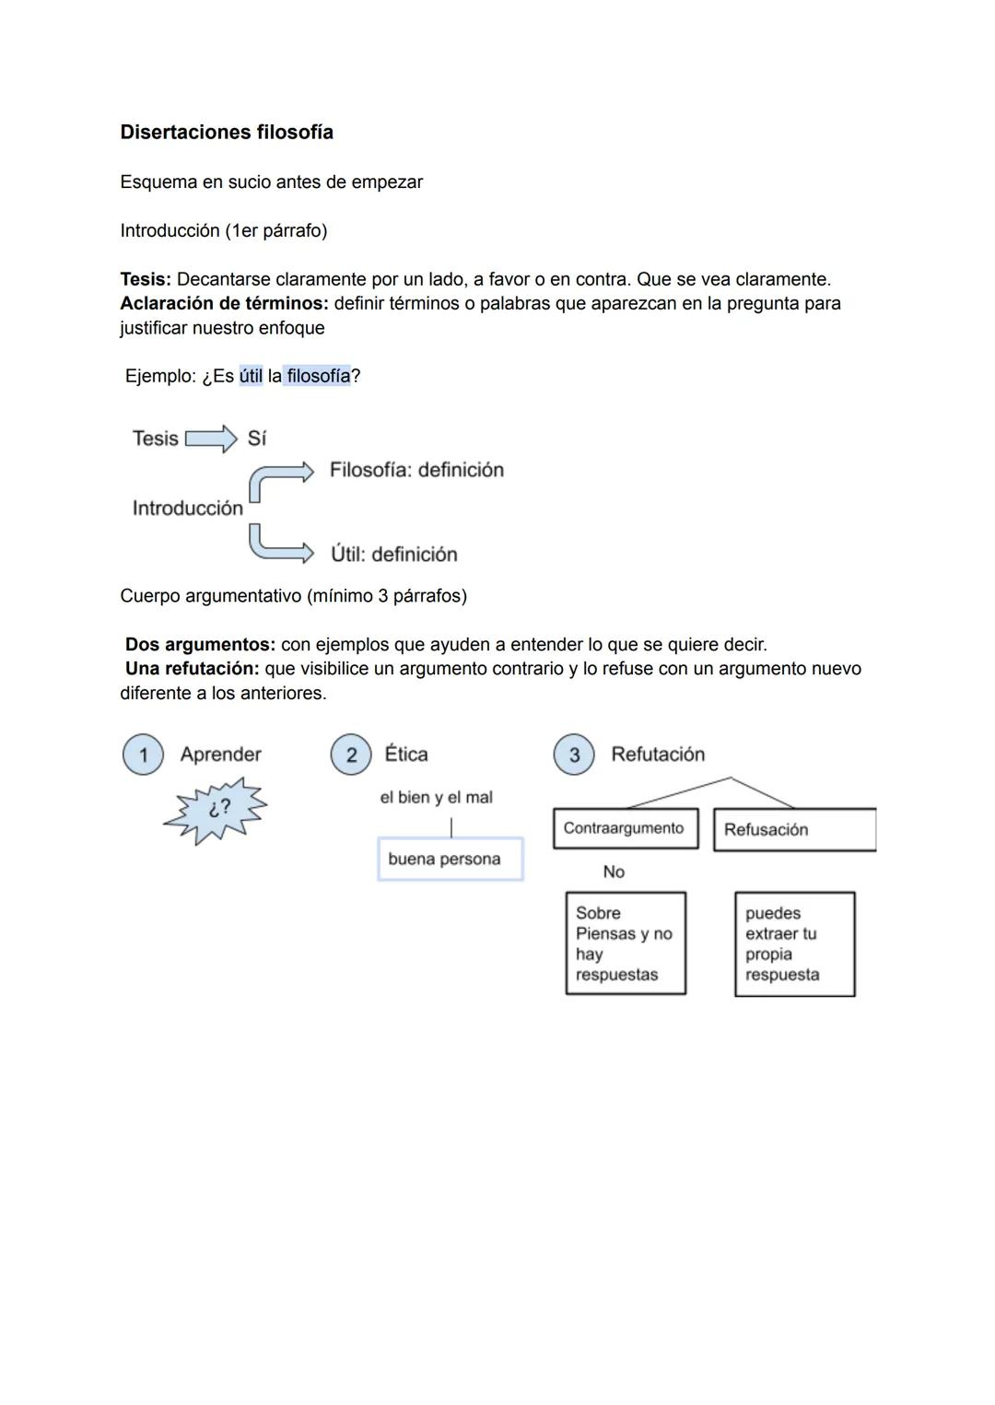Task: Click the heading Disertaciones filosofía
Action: tap(227, 133)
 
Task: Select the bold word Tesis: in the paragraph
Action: tap(146, 279)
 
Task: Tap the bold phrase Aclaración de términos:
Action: tap(224, 303)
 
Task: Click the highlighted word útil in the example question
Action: tap(251, 376)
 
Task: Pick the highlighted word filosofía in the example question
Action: tap(318, 376)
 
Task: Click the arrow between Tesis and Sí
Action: tap(211, 439)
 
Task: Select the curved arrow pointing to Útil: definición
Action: tap(276, 545)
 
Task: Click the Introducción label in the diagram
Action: tap(188, 509)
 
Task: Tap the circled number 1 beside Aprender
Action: tap(143, 755)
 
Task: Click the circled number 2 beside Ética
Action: tap(351, 755)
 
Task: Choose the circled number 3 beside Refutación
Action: tap(574, 755)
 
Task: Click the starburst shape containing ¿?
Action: tap(217, 809)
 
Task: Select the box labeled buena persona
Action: tap(451, 860)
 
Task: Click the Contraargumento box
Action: tap(626, 828)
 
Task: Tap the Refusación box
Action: tap(794, 829)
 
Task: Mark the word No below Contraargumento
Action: tap(614, 872)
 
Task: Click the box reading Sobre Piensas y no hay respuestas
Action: tap(626, 943)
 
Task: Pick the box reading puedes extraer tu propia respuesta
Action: tap(794, 943)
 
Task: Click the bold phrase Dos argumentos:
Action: tap(200, 645)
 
